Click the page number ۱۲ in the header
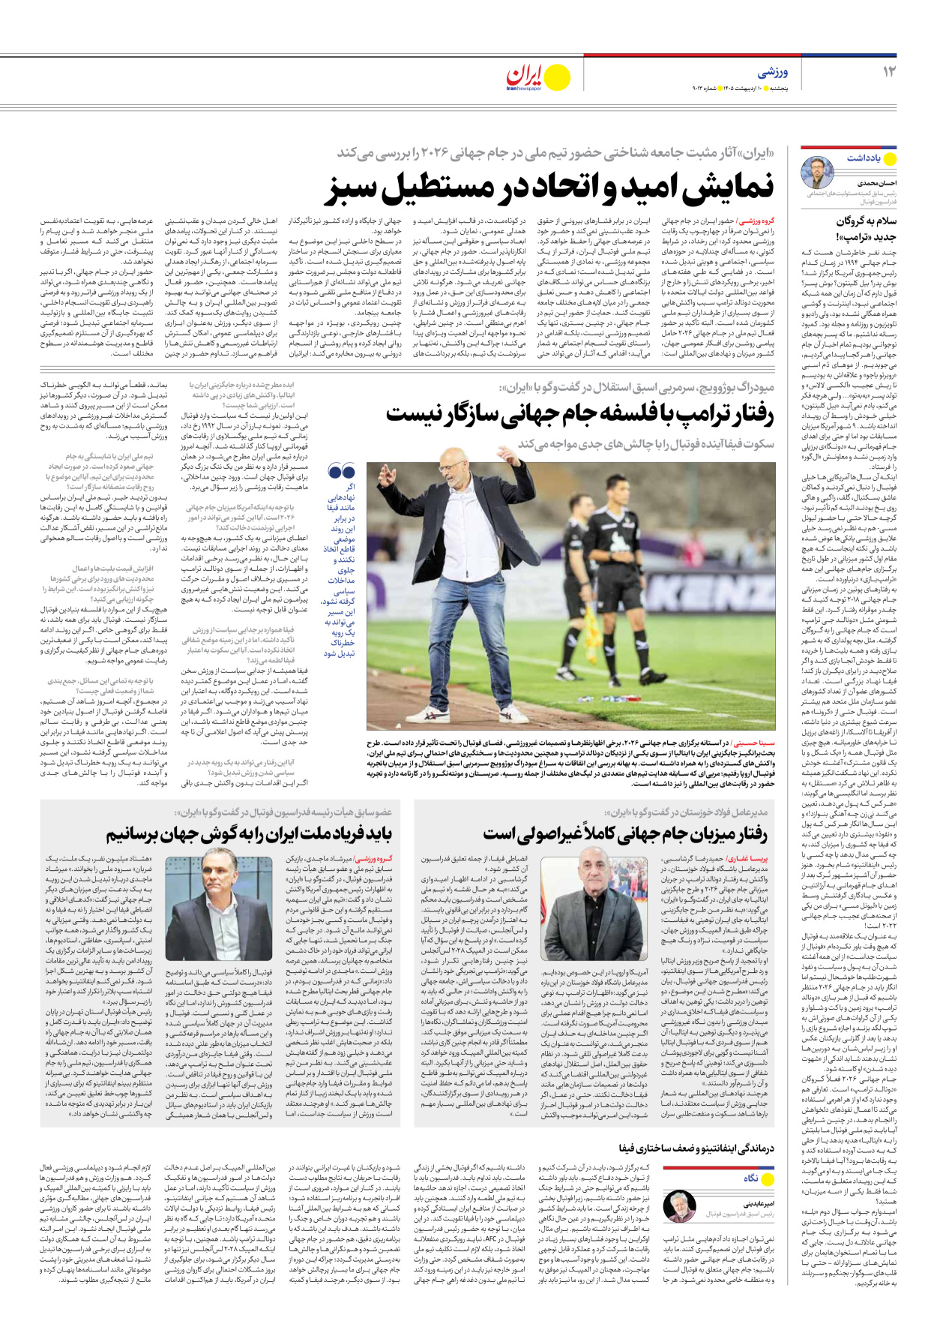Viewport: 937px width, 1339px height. (x=888, y=72)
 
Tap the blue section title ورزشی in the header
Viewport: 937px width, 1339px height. (x=772, y=73)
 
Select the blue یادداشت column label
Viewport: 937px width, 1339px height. (x=864, y=158)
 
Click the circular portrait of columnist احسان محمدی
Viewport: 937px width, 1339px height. (x=818, y=173)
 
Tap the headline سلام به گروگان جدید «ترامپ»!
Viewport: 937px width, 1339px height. (x=866, y=229)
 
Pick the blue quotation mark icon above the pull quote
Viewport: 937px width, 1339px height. (x=342, y=471)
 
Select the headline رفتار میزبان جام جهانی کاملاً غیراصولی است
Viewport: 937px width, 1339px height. (x=625, y=834)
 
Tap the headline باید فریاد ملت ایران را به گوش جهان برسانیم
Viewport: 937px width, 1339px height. (x=249, y=834)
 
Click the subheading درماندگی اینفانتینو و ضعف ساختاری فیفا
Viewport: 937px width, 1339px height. (x=696, y=1148)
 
